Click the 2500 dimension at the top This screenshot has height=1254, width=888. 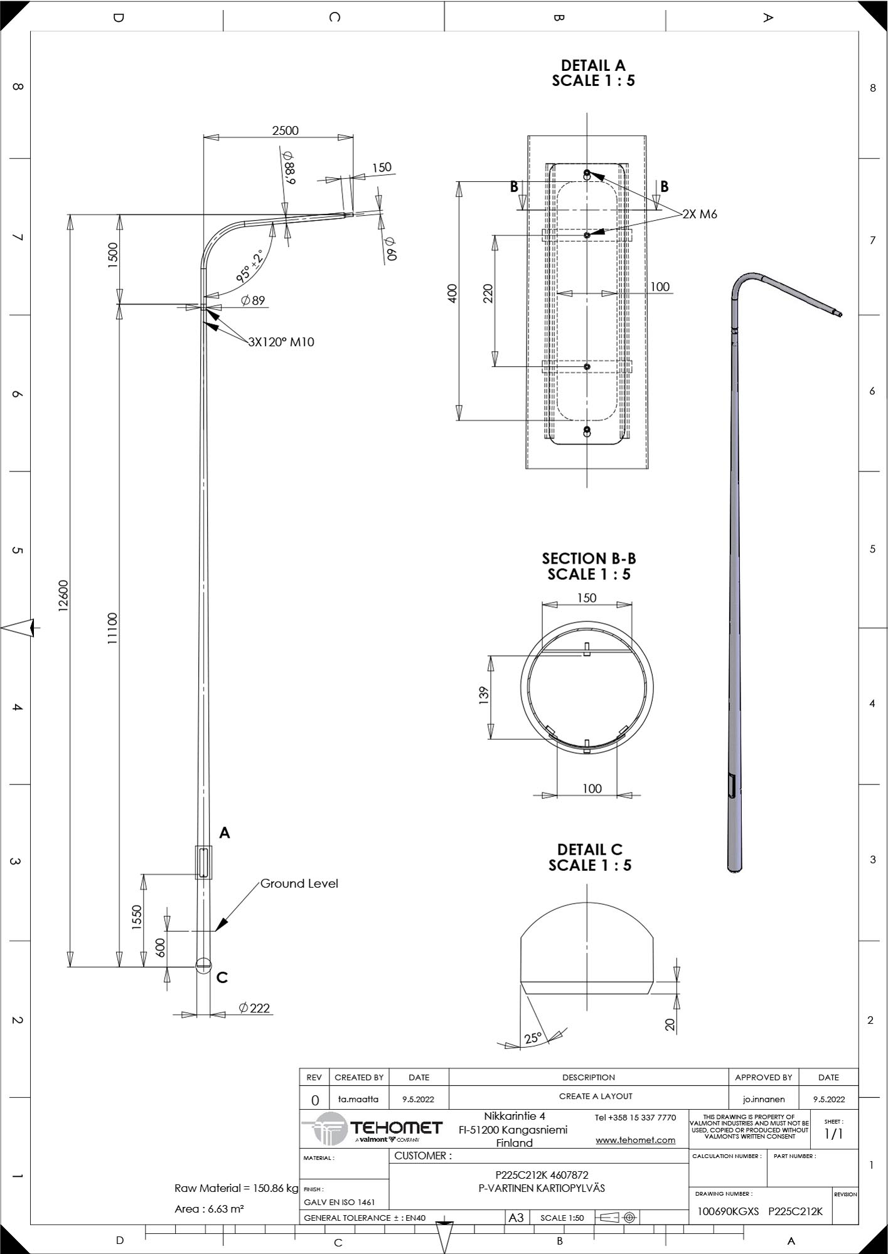point(285,130)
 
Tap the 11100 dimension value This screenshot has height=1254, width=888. point(112,629)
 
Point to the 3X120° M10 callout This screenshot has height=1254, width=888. point(281,342)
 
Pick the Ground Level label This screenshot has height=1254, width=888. point(299,883)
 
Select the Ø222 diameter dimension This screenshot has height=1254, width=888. point(254,1008)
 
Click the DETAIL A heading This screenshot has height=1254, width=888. point(593,65)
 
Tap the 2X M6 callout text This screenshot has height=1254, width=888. point(700,214)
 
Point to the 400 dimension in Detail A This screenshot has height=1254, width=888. point(452,293)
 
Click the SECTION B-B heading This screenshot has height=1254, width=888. point(589,558)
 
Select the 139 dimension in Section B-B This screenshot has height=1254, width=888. point(483,695)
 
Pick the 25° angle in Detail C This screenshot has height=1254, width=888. point(532,1038)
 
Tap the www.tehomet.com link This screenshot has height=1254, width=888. point(635,1140)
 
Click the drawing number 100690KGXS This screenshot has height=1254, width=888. point(728,1211)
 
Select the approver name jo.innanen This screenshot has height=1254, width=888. point(763,1099)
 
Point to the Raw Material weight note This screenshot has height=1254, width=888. point(237,1188)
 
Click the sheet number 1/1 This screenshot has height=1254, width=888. point(833,1134)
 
